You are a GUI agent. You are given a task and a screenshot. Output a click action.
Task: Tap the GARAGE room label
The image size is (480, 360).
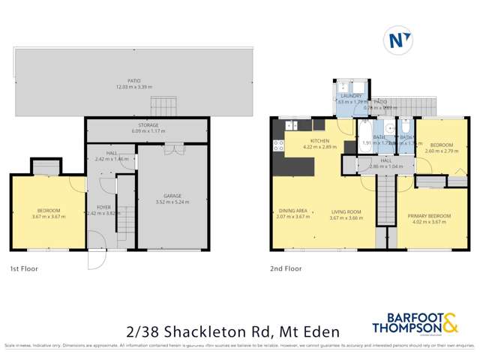172,196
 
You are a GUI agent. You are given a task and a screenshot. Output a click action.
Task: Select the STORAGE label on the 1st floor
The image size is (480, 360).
146,127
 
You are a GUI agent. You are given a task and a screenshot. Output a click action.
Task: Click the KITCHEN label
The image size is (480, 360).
321,140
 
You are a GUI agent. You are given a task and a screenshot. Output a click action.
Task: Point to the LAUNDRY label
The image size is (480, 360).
351,96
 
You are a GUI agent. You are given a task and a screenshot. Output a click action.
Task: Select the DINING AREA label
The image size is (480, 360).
292,211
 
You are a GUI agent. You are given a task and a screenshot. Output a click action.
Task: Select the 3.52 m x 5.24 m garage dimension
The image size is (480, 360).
172,202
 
